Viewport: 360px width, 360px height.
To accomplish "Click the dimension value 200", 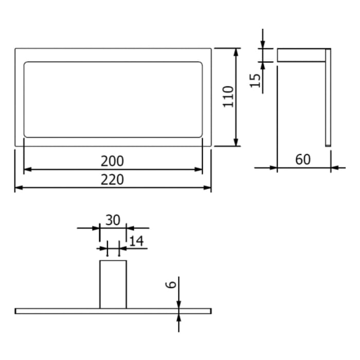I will tap(112, 161).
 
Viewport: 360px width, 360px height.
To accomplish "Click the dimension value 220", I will tap(112, 179).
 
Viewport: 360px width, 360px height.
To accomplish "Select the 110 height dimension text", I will tap(228, 96).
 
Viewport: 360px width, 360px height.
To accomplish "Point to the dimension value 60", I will tap(303, 159).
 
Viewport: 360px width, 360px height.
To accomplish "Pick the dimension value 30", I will tap(113, 220).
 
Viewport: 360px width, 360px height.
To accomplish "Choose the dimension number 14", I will tap(136, 241).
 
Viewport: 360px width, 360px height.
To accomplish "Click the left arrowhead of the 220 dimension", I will tap(19, 188).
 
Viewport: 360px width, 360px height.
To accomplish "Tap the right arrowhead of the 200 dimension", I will tap(199, 169).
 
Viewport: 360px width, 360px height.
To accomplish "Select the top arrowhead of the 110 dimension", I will tap(236, 52).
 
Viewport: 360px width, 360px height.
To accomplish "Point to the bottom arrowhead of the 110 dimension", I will tap(236, 142).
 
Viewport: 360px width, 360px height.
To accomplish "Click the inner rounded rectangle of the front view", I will tap(113, 99).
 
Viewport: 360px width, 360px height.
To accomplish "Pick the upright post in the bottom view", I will tap(113, 284).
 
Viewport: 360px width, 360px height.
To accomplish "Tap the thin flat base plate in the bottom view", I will tap(51, 311).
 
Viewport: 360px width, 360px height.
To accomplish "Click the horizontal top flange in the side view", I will tap(301, 55).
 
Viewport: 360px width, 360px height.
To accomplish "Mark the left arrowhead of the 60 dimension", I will tap(273, 167).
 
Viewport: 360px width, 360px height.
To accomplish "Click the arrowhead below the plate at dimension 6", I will tap(178, 318).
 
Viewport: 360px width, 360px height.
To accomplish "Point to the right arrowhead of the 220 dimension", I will tap(208, 188).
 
